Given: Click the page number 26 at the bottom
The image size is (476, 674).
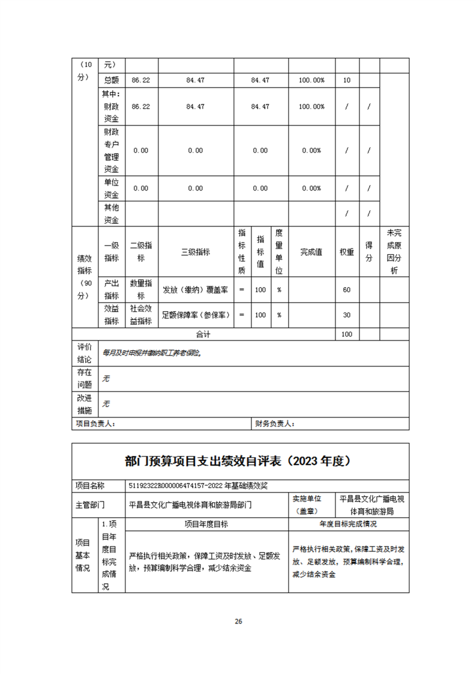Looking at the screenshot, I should coord(238,622).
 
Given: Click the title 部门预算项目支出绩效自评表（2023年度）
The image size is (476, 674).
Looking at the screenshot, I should coord(238,461).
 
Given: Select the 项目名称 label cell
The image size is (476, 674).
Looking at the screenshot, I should coord(90,485).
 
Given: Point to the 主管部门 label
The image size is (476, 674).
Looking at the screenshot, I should coord(90,505).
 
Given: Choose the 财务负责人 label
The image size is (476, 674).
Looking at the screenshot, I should coord(274,424).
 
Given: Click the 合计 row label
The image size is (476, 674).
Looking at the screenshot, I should coord(204,334).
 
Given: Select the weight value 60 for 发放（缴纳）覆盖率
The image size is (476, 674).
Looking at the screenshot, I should coord(346,290).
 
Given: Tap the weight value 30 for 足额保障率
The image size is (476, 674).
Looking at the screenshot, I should coord(346,315).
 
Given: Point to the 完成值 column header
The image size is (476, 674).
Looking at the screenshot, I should coord(312,252).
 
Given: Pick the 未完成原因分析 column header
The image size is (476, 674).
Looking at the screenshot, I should coord(394,252).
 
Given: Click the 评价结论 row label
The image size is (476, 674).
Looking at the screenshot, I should coord(85,353).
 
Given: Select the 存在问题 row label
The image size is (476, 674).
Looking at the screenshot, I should coord(85,378).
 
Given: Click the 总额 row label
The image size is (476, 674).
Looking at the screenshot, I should coord(112,80).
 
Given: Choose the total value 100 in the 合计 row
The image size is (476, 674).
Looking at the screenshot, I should coord(346,334).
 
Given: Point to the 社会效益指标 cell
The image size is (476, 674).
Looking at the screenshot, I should coord(141,315).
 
